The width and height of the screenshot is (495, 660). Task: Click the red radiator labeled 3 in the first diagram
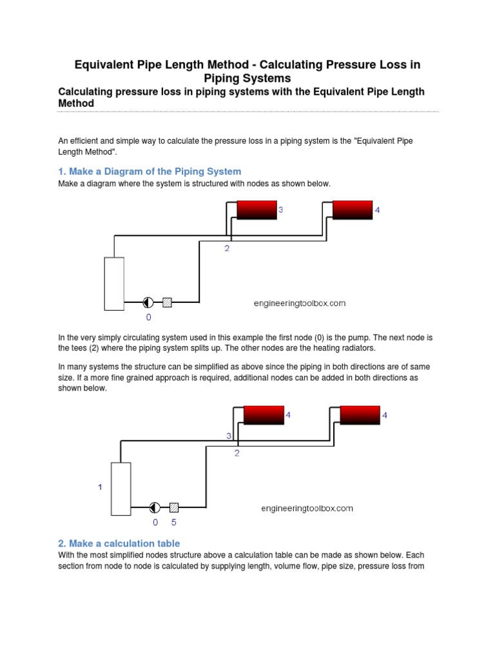257,210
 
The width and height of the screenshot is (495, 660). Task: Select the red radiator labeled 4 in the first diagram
353,210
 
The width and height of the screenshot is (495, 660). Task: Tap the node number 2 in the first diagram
227,249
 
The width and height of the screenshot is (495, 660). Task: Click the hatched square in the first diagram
167,302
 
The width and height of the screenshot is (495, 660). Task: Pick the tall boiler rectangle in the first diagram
114,284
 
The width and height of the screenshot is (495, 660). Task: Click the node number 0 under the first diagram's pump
148,317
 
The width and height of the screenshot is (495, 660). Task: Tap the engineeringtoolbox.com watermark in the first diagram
299,303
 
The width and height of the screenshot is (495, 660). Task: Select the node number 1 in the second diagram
100,488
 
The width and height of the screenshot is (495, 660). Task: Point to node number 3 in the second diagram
228,436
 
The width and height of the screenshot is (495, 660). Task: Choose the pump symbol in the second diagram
155,507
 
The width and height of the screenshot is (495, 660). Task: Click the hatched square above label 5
174,507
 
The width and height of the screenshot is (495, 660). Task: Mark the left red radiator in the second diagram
264,415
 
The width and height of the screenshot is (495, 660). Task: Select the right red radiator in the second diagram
360,415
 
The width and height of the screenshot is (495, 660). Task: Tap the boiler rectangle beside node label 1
121,489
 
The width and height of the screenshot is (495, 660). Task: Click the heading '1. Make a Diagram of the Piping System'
150,171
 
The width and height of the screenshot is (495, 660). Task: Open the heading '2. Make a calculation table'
119,543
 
